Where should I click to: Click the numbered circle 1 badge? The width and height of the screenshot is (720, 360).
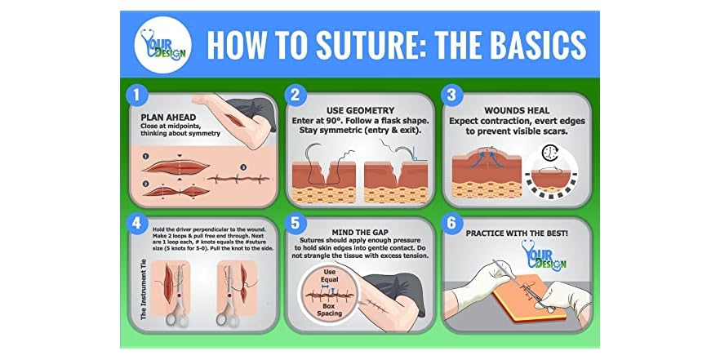coord(138,95)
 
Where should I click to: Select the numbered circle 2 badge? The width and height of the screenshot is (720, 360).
coord(295,95)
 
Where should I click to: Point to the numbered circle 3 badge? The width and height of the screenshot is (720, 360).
coord(451,95)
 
